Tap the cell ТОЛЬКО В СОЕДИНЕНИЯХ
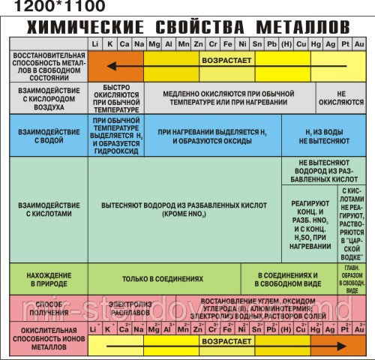coord(163,279)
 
